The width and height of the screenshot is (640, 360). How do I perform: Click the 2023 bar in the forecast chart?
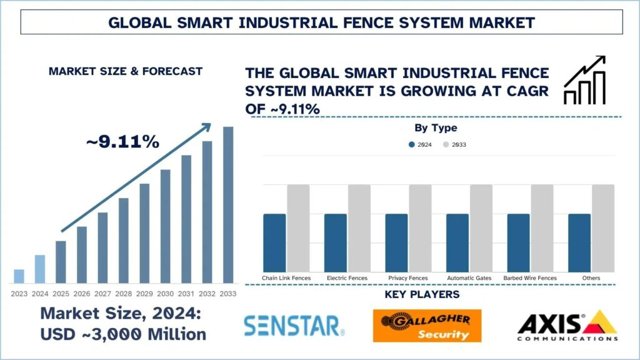click(x=19, y=276)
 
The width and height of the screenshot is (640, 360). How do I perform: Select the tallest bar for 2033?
click(x=228, y=205)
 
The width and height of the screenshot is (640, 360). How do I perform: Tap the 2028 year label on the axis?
click(x=124, y=293)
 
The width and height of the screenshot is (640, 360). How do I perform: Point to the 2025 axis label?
click(x=61, y=293)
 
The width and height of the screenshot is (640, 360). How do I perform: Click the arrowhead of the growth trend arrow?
click(x=207, y=126)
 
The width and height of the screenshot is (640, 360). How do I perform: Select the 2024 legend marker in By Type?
click(x=412, y=144)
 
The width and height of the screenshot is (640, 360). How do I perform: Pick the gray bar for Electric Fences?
click(x=359, y=228)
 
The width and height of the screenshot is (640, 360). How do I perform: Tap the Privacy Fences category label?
click(x=407, y=277)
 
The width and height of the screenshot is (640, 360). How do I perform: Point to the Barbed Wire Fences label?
click(x=531, y=277)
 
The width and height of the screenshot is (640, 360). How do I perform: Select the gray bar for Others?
click(x=603, y=228)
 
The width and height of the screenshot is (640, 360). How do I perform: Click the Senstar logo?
click(x=294, y=325)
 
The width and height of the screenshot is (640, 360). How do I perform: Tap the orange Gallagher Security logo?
click(x=427, y=326)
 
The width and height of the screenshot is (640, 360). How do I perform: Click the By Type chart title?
click(x=436, y=128)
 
